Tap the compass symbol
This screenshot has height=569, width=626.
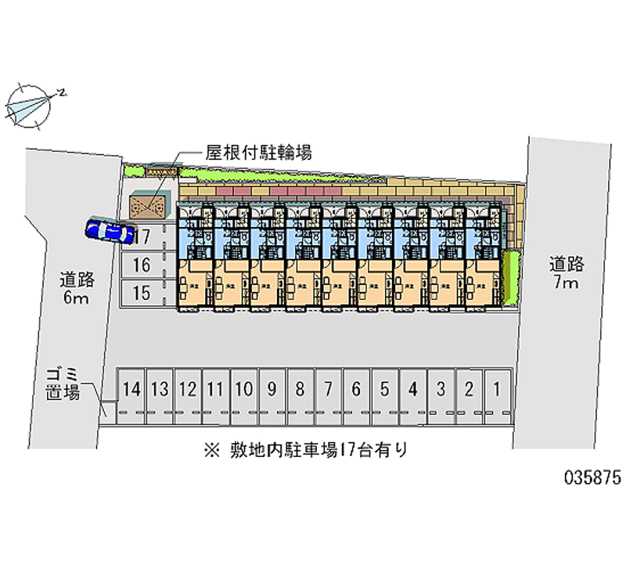click(x=31, y=104)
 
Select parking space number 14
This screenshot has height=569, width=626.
click(x=132, y=387)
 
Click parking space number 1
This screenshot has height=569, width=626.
click(x=496, y=387)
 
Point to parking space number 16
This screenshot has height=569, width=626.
click(x=141, y=265)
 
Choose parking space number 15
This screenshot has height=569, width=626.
click(x=141, y=294)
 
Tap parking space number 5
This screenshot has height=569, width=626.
click(x=385, y=387)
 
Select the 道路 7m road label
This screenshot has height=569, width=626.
click(x=565, y=273)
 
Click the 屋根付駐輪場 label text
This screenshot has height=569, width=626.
click(x=258, y=152)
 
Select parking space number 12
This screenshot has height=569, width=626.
click(x=188, y=387)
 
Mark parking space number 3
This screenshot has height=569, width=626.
click(x=441, y=387)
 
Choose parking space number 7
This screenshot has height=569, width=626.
click(x=329, y=387)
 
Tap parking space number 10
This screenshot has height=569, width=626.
click(x=243, y=387)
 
